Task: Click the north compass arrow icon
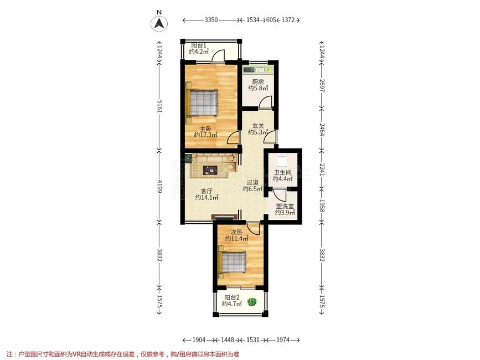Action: pyautogui.click(x=159, y=23)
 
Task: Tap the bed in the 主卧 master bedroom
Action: pyautogui.click(x=203, y=102)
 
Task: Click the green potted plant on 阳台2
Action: pyautogui.click(x=252, y=302)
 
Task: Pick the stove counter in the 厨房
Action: pyautogui.click(x=257, y=70)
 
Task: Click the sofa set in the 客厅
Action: pyautogui.click(x=213, y=165)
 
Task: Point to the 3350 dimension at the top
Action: pyautogui.click(x=211, y=20)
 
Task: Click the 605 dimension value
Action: pyautogui.click(x=271, y=20)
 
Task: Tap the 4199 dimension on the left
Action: pyautogui.click(x=159, y=184)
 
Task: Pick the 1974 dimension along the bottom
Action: pyautogui.click(x=282, y=340)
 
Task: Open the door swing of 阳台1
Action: pyautogui.click(x=219, y=55)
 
